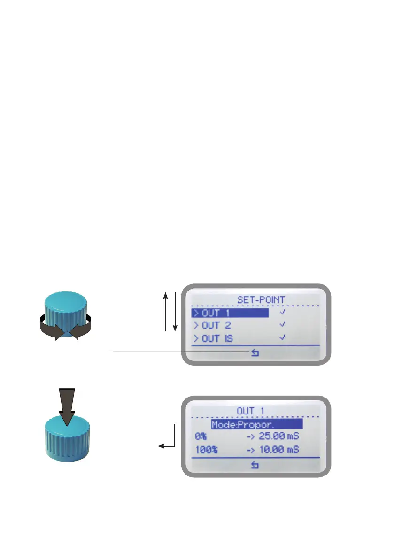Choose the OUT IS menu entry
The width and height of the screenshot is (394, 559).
tap(216, 338)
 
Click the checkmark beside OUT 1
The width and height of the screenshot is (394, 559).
tap(282, 312)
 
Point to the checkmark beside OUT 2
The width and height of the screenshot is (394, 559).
tap(282, 324)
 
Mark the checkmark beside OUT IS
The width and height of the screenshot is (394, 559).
tap(282, 337)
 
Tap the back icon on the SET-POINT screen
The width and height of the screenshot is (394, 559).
tap(255, 352)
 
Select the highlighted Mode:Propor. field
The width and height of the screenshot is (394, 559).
tap(256, 424)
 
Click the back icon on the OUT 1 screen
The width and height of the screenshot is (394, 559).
tap(255, 465)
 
